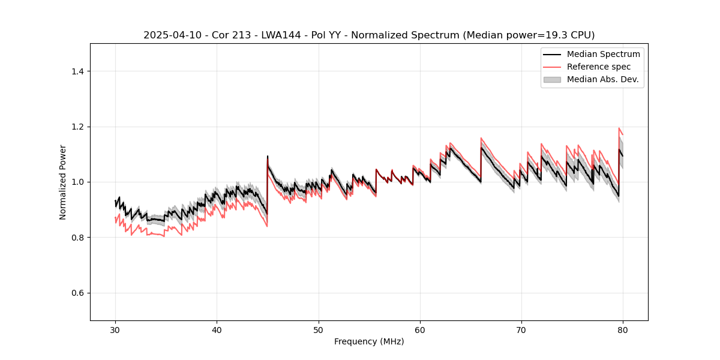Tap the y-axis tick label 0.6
[x=77, y=293]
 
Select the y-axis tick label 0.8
[x=77, y=238]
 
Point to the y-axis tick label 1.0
[x=77, y=182]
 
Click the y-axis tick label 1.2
[x=77, y=127]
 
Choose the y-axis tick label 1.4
[x=77, y=71]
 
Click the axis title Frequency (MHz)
[x=369, y=341]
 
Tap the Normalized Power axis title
[x=63, y=182]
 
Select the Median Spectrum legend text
[x=603, y=54]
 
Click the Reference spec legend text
[x=599, y=67]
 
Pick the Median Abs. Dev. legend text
[x=602, y=79]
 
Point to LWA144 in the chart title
[x=280, y=35]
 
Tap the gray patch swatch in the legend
[x=552, y=79]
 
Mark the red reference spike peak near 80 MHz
[x=619, y=128]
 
